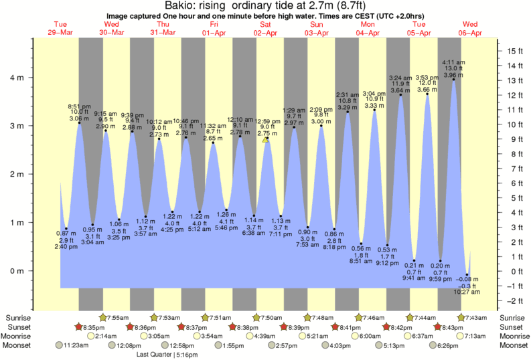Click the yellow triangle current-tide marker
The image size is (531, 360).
pos(266,139)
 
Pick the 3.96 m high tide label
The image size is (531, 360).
pos(453,75)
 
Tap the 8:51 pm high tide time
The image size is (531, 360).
pos(79,106)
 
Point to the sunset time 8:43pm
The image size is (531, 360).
pos(454,327)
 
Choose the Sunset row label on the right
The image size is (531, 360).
pos(512,327)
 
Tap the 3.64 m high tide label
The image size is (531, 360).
pos(401,90)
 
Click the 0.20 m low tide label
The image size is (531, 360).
pos(439,266)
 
